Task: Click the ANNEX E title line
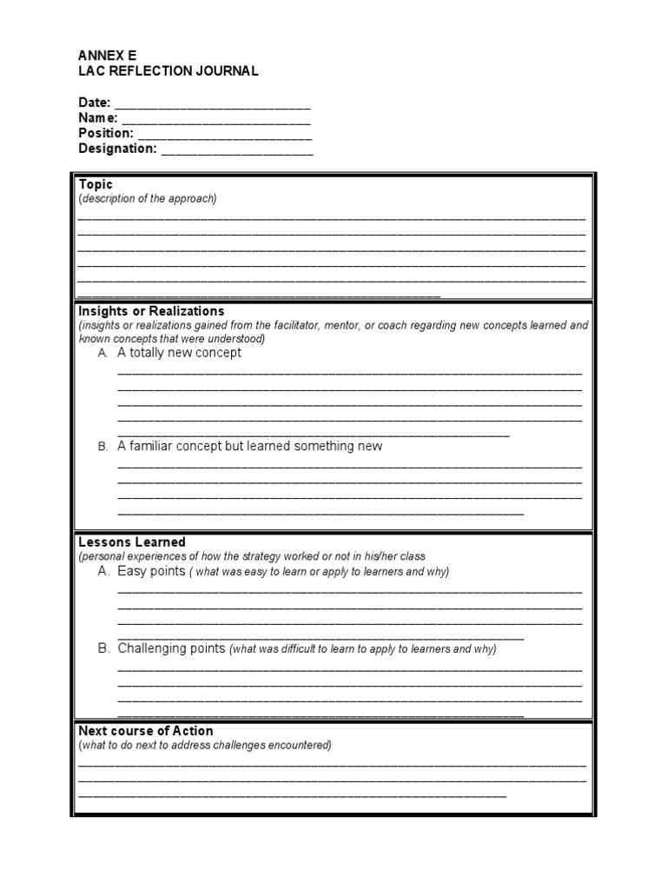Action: click(108, 55)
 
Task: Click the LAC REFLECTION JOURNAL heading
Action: click(168, 70)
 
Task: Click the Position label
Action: click(106, 133)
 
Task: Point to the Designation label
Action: click(117, 149)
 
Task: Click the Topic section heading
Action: click(96, 184)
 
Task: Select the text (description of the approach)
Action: click(148, 198)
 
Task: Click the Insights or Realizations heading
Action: click(151, 310)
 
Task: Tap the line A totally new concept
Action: click(180, 353)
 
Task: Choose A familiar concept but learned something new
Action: click(250, 446)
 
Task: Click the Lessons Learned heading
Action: click(132, 541)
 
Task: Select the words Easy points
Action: click(151, 571)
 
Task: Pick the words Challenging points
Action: click(172, 648)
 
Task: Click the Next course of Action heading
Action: click(146, 731)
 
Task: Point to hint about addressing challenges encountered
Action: click(205, 745)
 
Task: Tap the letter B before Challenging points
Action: click(103, 648)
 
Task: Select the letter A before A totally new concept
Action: click(102, 354)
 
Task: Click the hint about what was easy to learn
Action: click(320, 572)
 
